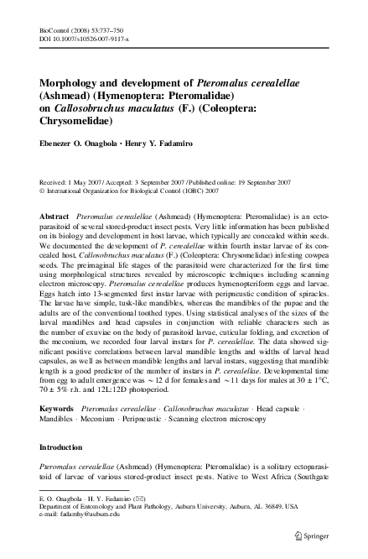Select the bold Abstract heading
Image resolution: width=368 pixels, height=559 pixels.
[x=55, y=217]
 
